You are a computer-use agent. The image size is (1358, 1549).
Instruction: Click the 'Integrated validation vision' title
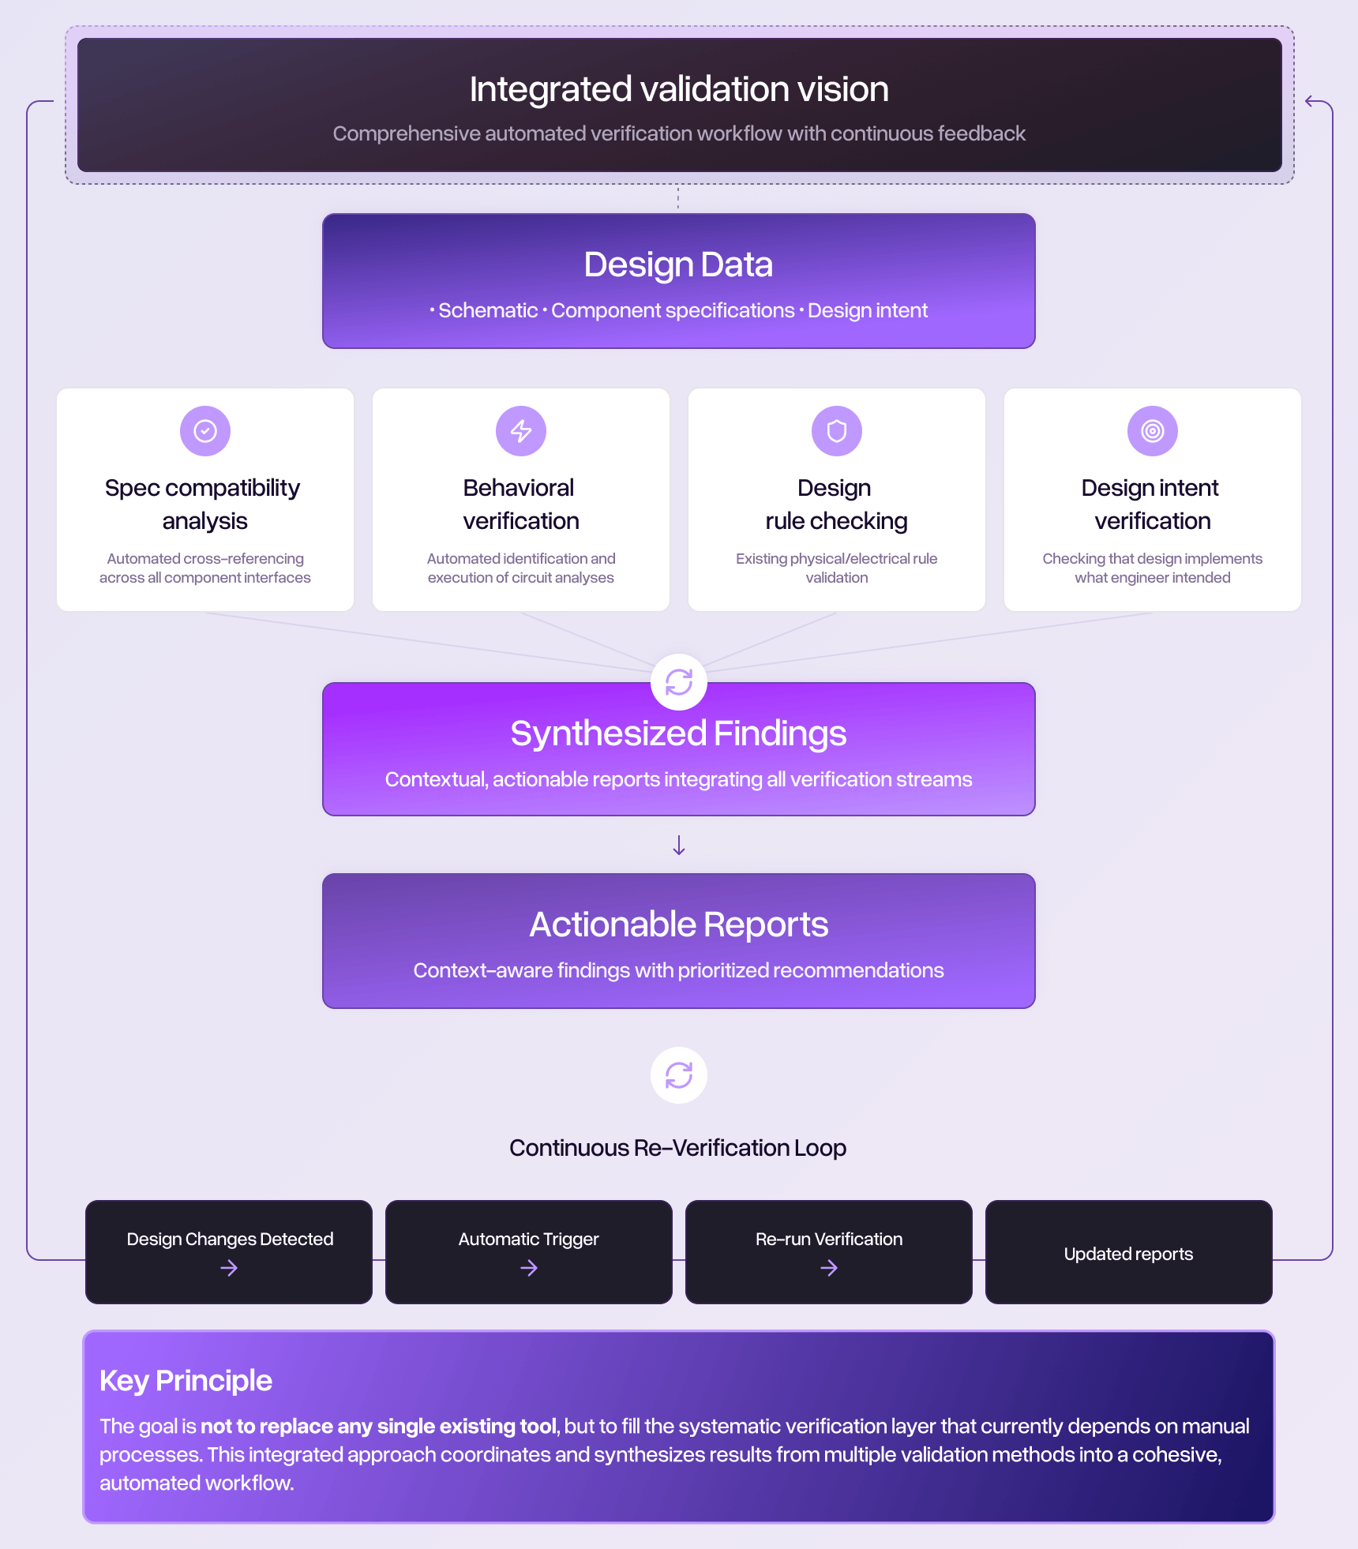pos(679,89)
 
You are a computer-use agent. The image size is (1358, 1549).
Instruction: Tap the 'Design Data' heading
pos(678,264)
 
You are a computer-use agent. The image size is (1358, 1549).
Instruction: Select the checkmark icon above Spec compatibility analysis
pos(205,431)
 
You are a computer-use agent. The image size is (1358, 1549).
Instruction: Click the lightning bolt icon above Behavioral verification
pos(521,431)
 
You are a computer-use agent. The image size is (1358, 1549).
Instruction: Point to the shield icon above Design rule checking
pos(837,431)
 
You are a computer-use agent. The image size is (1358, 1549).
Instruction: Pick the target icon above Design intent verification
pos(1153,431)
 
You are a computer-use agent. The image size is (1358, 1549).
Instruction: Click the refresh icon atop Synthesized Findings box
pos(679,682)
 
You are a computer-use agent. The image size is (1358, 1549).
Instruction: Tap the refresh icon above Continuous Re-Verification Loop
pos(679,1075)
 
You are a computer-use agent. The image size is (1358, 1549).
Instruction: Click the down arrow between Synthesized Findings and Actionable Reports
pos(679,846)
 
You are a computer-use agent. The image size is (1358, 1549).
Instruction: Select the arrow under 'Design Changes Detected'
pos(229,1268)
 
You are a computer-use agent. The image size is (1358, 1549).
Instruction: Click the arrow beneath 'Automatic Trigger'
pos(529,1268)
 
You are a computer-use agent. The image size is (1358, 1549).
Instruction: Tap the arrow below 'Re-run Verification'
pos(829,1268)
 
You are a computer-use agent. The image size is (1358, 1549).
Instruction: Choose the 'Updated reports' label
pos(1128,1254)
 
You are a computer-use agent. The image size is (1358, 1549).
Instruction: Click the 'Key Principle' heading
pos(186,1381)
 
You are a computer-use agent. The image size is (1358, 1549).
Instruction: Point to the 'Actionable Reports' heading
pos(679,925)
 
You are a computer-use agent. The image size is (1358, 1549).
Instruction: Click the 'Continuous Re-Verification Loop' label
pos(677,1148)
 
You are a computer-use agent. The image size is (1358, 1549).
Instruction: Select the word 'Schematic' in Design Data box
pos(488,310)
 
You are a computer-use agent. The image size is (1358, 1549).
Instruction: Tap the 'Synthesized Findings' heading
pos(679,733)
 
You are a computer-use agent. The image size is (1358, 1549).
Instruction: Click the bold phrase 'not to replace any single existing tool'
pos(379,1426)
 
